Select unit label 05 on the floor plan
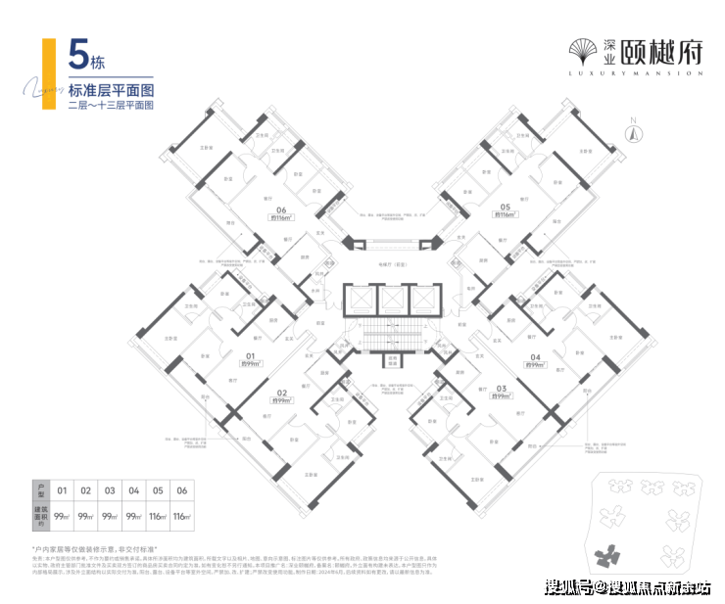505,208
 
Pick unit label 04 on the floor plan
535,358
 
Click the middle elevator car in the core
391,300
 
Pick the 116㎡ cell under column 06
180,515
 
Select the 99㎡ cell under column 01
62,515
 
